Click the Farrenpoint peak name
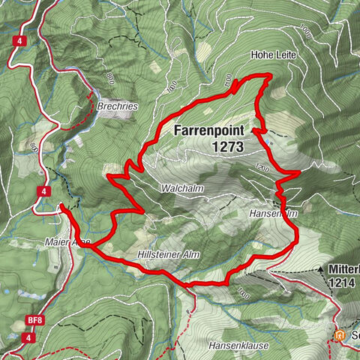(x=208, y=130)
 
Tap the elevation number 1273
(x=226, y=147)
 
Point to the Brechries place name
(x=117, y=107)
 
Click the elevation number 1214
(x=342, y=284)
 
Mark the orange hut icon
(x=342, y=334)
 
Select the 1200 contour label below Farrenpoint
(x=260, y=166)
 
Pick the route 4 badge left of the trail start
(x=46, y=192)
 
